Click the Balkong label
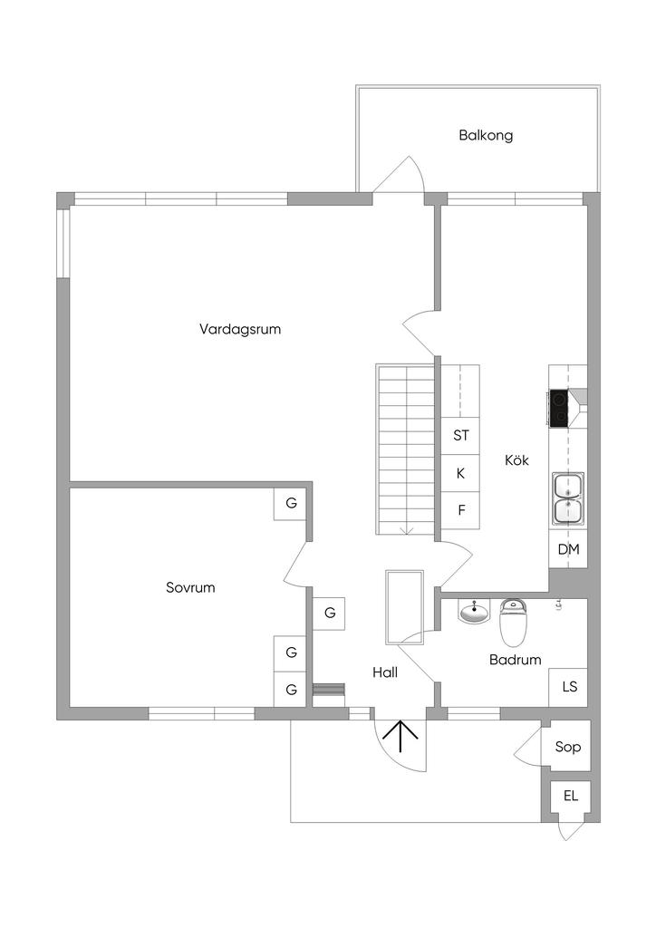(486, 136)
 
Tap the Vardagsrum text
(240, 329)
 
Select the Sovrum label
(190, 587)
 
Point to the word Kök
(516, 460)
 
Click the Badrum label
(515, 660)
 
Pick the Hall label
(385, 672)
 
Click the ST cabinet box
(461, 435)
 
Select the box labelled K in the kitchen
(461, 473)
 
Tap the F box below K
(461, 510)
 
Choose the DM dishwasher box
(568, 549)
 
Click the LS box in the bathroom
(569, 687)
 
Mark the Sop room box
(567, 748)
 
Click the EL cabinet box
(571, 797)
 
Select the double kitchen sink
(568, 498)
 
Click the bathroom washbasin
(473, 614)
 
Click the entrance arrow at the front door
(400, 738)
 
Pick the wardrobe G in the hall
(330, 614)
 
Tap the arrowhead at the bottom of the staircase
(407, 529)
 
